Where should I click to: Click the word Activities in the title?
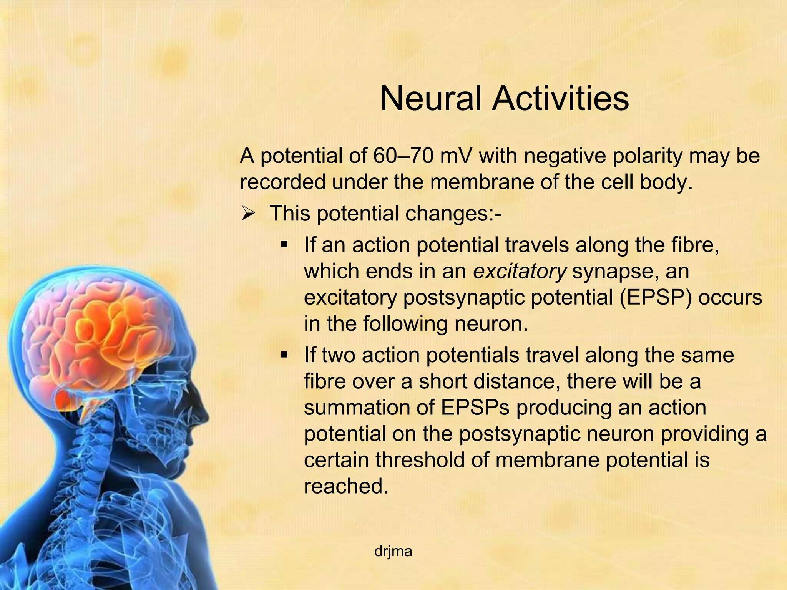click(x=561, y=98)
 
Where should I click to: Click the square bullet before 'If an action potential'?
click(x=284, y=245)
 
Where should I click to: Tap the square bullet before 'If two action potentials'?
click(x=284, y=355)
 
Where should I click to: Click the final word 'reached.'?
click(x=344, y=486)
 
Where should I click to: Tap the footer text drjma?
click(x=393, y=552)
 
